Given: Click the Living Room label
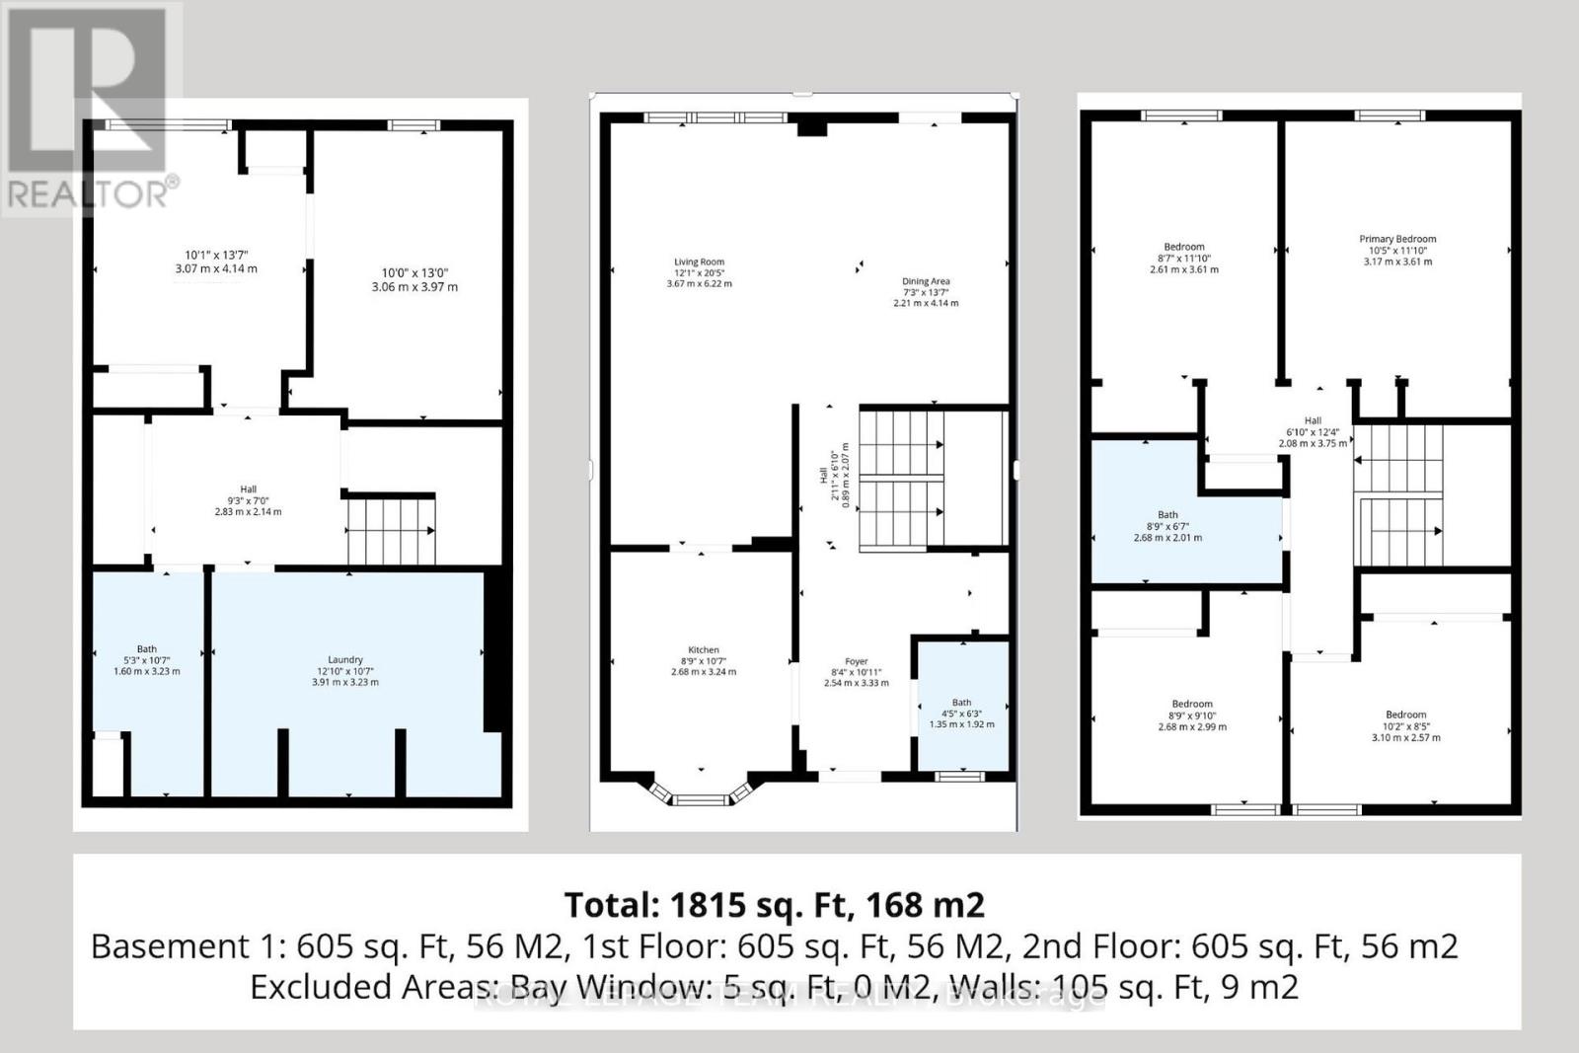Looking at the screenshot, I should click(699, 263).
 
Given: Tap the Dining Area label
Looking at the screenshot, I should click(925, 281).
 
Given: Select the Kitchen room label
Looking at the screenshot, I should click(703, 650).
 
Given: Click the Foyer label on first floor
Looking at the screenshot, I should click(856, 662).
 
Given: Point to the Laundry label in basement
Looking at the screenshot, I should click(345, 660).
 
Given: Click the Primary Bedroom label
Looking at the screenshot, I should click(1397, 239).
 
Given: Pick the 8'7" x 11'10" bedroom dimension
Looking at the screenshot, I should click(1184, 259).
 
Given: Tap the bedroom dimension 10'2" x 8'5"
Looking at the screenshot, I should click(1405, 726).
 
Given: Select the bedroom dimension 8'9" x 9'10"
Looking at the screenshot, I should click(1192, 715).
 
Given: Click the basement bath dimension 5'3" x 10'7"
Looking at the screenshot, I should click(146, 660).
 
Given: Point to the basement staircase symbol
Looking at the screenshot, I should click(391, 531).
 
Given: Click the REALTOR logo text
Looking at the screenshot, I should click(89, 194).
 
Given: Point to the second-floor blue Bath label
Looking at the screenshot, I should click(1167, 515).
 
